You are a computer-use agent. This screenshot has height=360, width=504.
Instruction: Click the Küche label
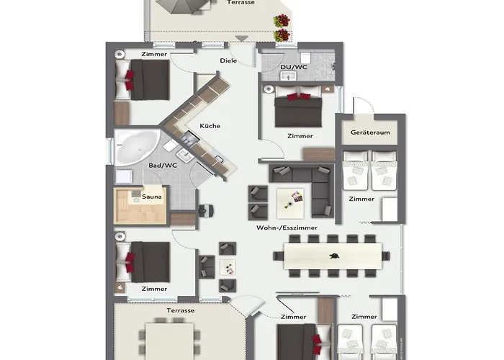click(211, 126)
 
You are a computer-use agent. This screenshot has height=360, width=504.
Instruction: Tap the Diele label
click(228, 60)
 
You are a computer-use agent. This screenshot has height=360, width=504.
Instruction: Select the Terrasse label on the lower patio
click(180, 310)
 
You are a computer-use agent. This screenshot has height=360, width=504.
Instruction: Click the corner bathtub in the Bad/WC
click(138, 147)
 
